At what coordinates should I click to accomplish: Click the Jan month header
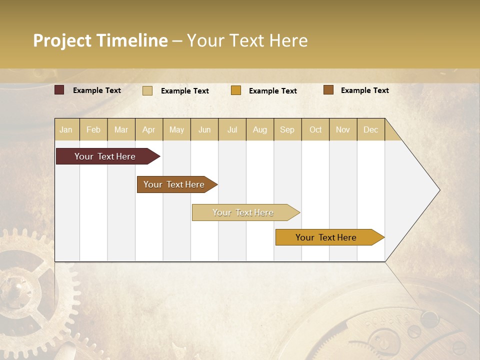coord(66,130)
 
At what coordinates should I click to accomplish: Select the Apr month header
coord(149,130)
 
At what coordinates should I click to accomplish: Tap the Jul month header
coord(232,130)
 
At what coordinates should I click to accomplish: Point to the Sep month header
coord(287,130)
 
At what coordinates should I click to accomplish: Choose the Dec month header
coord(370,130)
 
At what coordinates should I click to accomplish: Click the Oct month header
coord(315,130)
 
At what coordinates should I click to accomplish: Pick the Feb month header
coord(93,130)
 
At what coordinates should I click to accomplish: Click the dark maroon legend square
coord(59,90)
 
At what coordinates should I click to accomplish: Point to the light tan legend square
coord(147,90)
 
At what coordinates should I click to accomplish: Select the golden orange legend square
coord(236,90)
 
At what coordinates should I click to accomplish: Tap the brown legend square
coord(328,89)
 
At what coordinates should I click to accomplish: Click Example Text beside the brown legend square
coord(364,90)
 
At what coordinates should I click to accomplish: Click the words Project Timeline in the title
coord(100,40)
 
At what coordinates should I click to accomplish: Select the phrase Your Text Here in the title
coord(247,40)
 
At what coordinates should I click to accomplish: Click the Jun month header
coord(204,130)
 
